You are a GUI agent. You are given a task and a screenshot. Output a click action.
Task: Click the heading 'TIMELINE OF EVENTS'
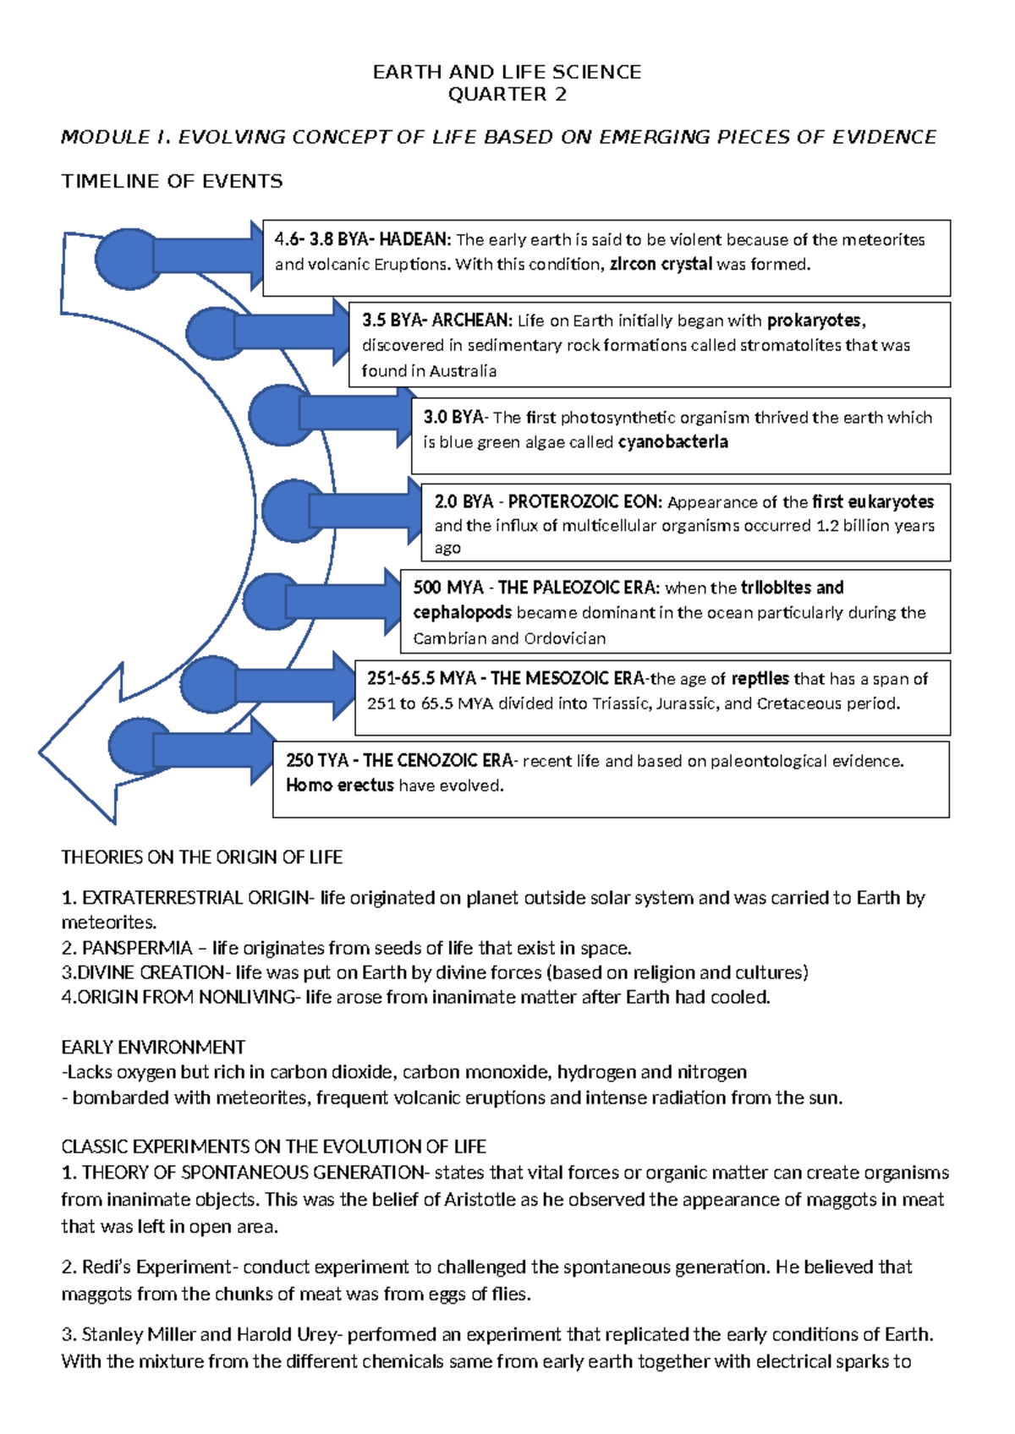[172, 181]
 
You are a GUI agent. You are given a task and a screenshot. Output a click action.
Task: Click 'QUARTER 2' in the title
[507, 94]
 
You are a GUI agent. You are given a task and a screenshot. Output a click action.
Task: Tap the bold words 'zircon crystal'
[661, 264]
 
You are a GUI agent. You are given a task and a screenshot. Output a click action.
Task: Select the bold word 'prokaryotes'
[815, 320]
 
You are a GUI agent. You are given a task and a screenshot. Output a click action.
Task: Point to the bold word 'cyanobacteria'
[672, 441]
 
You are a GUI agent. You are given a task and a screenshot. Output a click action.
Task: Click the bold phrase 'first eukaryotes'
[873, 501]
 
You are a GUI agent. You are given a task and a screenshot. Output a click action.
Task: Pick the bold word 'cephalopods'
[462, 612]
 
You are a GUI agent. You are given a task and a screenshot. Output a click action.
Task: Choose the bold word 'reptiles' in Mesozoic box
[760, 678]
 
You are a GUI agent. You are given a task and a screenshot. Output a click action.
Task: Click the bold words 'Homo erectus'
[339, 785]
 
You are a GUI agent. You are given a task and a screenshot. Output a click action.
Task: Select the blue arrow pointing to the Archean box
[292, 332]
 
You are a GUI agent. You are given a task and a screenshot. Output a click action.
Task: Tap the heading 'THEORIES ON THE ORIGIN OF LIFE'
[201, 857]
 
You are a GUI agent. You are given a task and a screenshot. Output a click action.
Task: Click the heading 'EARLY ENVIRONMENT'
[153, 1047]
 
